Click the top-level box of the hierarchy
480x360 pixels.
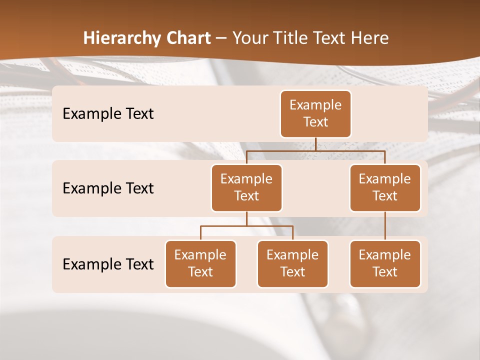coord(315,113)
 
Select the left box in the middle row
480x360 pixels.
coord(246,187)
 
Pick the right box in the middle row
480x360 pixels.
coord(385,187)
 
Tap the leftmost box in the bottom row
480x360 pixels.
coord(200,263)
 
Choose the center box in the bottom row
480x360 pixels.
coord(292,263)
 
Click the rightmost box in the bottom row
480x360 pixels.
coord(385,263)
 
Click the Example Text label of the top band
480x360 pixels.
coord(108,113)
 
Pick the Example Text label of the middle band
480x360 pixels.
coord(108,188)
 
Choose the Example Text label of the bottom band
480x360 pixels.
coord(108,264)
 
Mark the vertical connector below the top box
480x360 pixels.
coord(315,144)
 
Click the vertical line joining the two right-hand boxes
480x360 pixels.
coord(385,226)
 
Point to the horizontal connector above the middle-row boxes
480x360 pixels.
coord(315,150)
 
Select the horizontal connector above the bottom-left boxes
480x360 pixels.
coord(246,226)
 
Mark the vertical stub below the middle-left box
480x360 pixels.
coord(246,219)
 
